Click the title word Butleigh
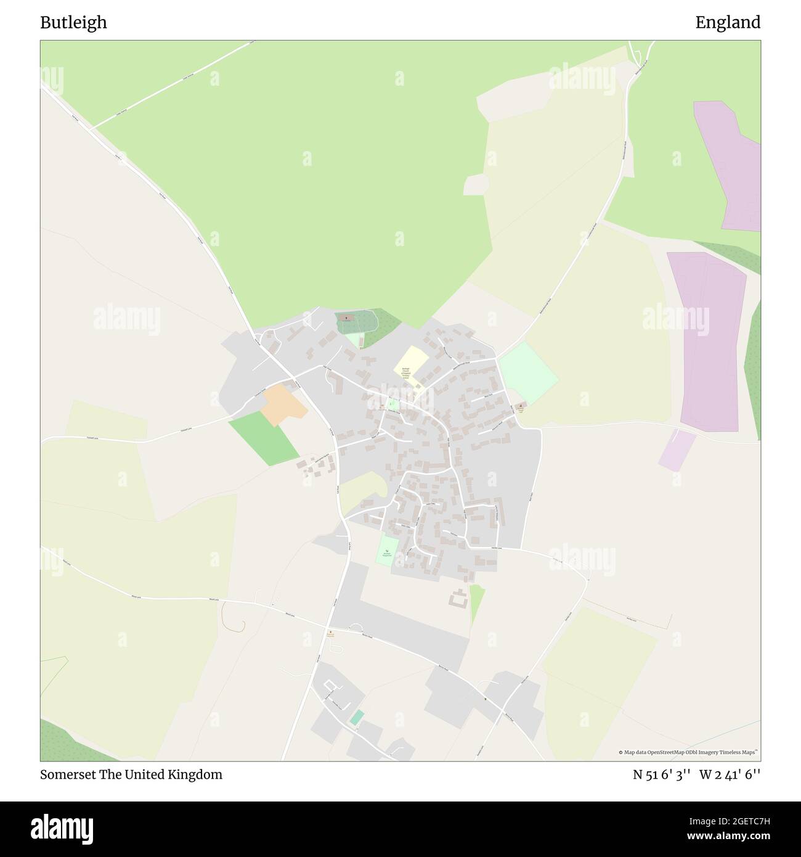tap(73, 23)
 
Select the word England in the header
tap(728, 23)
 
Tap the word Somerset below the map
tap(68, 775)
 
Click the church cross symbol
tap(346, 318)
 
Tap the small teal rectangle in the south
tap(357, 718)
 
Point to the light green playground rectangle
tap(388, 550)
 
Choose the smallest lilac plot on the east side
tap(676, 451)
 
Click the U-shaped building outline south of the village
tap(458, 599)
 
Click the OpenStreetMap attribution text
tap(688, 752)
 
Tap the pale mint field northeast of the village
tap(528, 372)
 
